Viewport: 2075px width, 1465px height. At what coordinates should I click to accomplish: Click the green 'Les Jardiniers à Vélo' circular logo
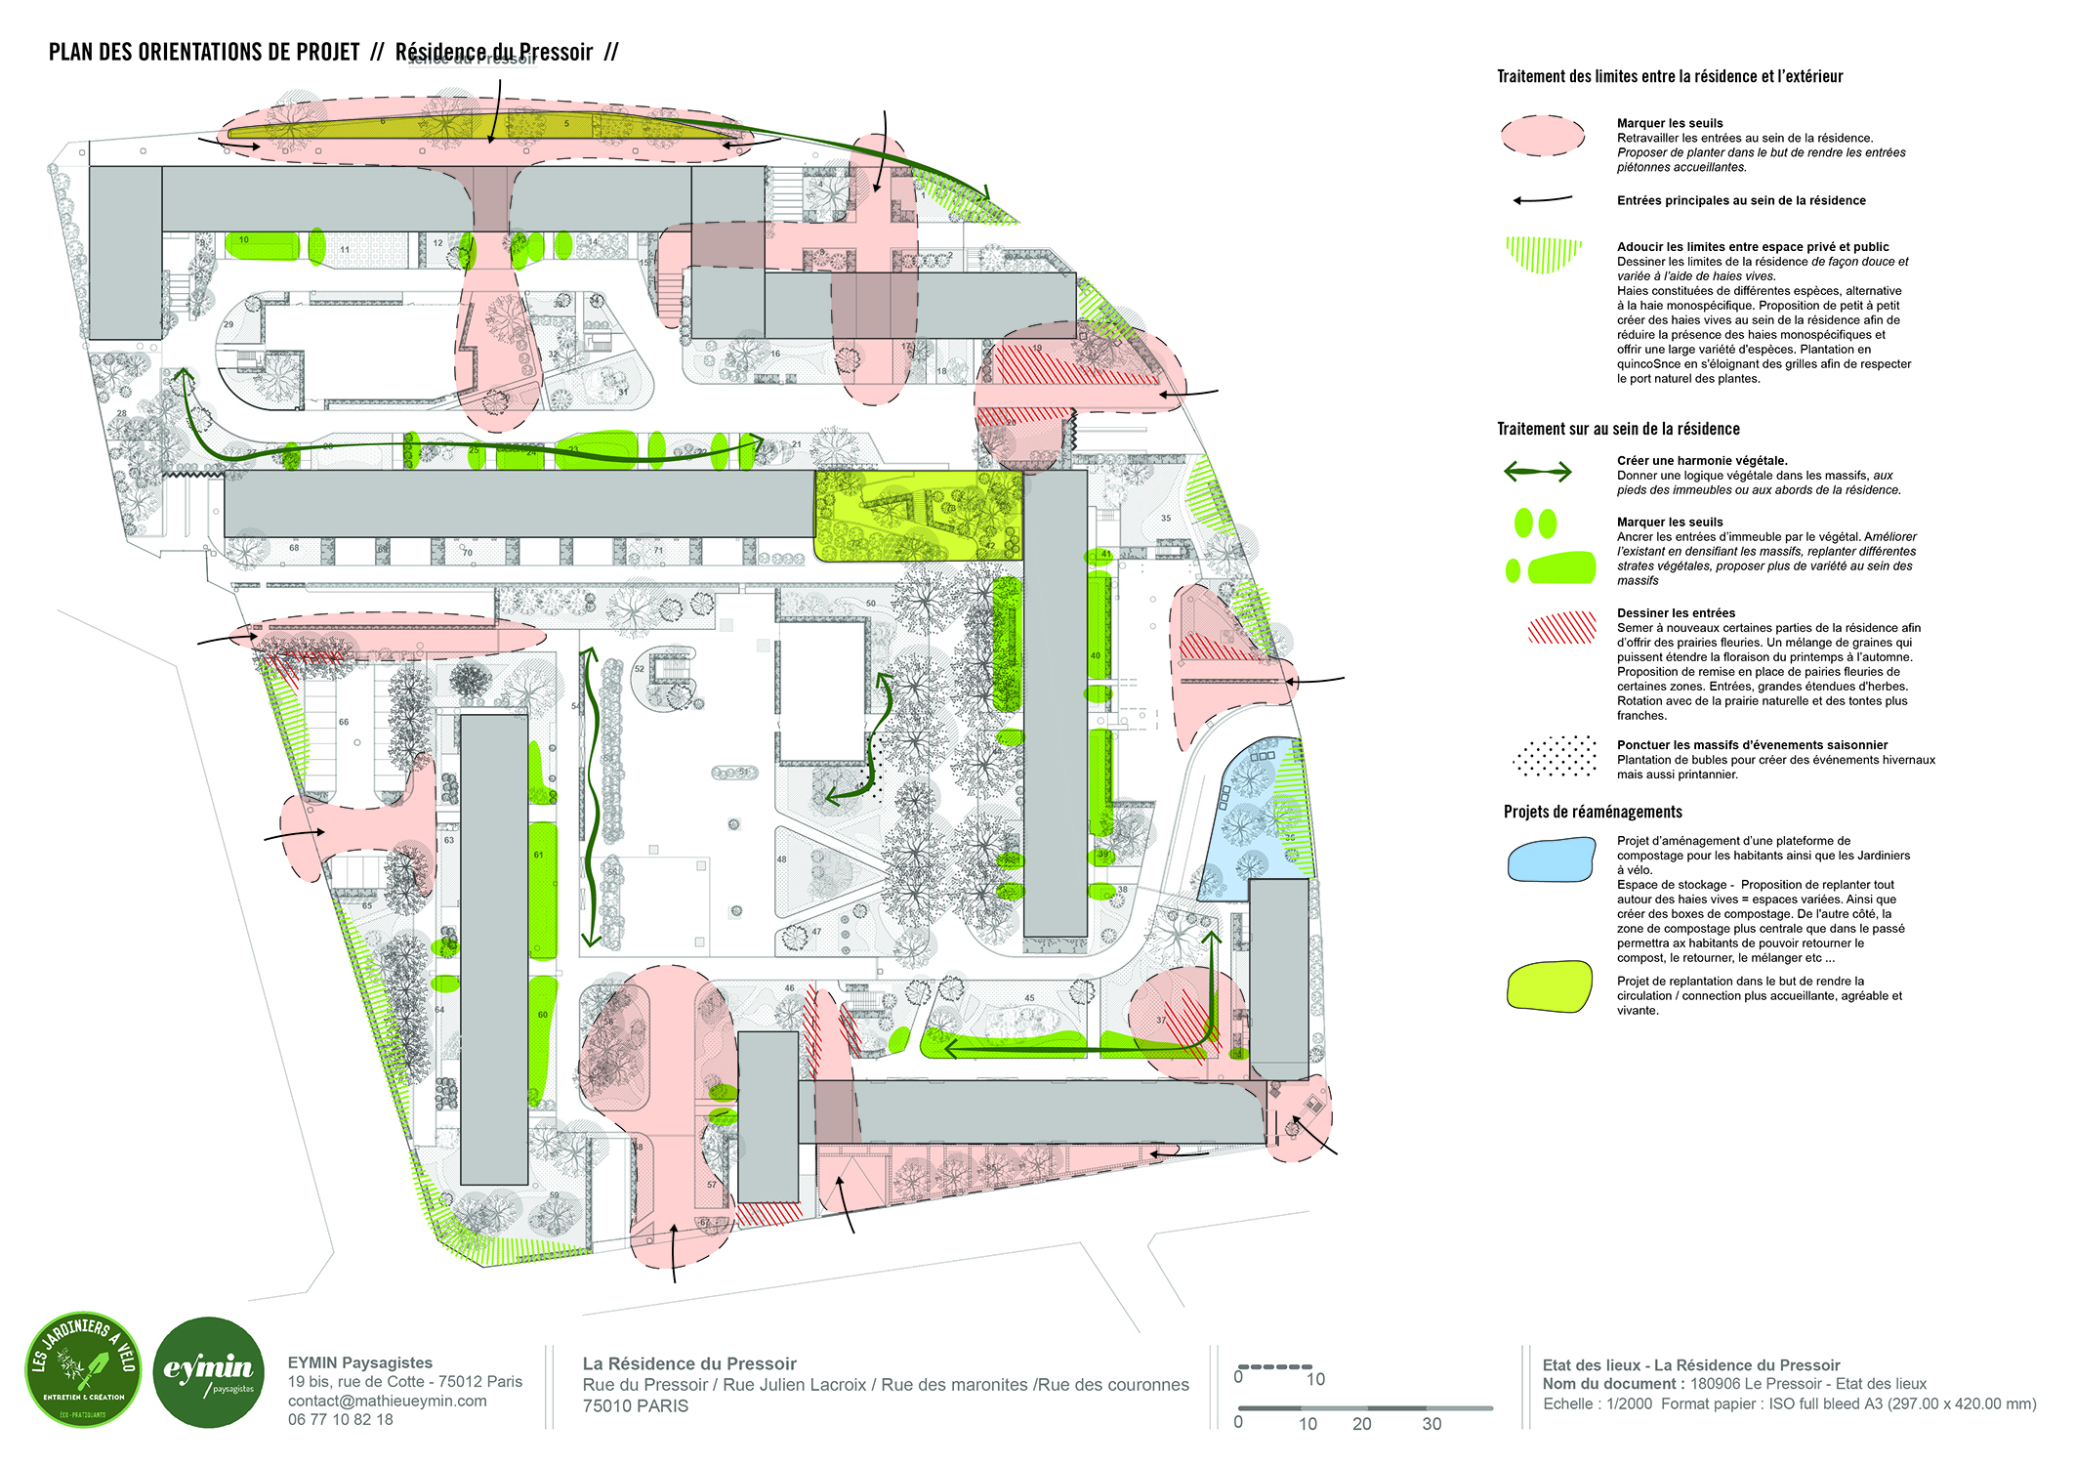click(83, 1369)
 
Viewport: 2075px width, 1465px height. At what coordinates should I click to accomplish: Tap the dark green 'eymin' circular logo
click(209, 1371)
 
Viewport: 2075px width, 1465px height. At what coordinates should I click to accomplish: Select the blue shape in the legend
click(1551, 860)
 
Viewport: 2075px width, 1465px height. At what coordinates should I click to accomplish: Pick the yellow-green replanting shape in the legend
click(1550, 986)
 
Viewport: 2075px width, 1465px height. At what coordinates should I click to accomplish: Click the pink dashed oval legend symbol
click(1543, 136)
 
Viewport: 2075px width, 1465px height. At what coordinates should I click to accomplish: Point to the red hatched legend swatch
click(1561, 628)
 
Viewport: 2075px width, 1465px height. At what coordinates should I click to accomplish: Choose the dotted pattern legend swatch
click(1555, 756)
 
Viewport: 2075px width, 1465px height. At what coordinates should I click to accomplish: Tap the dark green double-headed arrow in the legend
click(1537, 473)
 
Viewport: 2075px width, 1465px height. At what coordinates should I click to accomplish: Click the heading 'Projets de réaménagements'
click(1593, 812)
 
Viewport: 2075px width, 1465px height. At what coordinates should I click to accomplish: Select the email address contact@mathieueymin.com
click(387, 1401)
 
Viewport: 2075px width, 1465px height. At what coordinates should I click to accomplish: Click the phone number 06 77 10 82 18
click(340, 1420)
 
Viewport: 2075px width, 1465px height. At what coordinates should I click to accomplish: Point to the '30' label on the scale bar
click(1432, 1424)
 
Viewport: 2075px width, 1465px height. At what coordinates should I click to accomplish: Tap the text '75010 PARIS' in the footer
click(636, 1406)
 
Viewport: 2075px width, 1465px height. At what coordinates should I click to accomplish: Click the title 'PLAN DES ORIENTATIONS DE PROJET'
click(204, 53)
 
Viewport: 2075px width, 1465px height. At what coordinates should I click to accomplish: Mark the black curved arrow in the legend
click(1543, 200)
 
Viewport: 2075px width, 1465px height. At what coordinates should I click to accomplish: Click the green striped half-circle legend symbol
click(1543, 254)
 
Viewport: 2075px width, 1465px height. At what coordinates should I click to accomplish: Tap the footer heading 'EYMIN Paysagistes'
click(359, 1362)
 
